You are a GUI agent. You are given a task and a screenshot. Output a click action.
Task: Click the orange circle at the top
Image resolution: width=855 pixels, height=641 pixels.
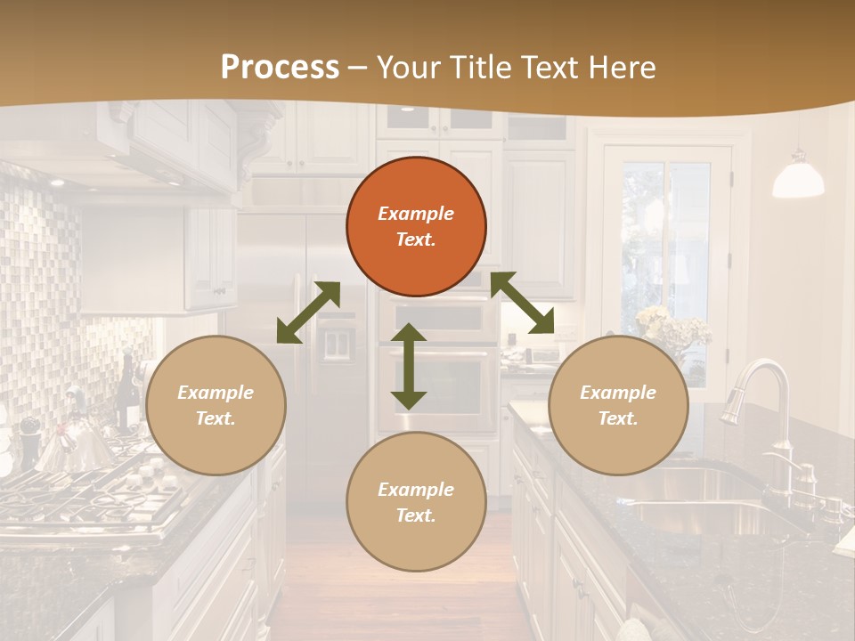tap(416, 226)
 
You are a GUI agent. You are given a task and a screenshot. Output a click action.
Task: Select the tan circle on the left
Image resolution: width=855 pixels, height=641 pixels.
tap(216, 405)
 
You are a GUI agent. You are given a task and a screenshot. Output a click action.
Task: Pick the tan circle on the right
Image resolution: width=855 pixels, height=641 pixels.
tap(618, 405)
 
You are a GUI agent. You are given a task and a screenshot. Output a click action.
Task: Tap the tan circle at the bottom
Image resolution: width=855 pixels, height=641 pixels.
tap(416, 502)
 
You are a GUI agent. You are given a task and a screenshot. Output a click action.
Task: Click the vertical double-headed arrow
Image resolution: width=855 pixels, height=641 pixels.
tap(409, 366)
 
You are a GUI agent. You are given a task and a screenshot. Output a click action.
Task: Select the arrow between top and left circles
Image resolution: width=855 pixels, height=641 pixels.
tap(308, 312)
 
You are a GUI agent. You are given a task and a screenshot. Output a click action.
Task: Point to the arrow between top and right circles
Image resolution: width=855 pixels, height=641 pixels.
tap(523, 304)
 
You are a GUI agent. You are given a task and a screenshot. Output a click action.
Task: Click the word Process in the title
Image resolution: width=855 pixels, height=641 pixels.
tap(280, 67)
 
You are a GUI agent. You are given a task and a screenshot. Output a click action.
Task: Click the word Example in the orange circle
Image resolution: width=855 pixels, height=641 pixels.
tap(416, 214)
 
